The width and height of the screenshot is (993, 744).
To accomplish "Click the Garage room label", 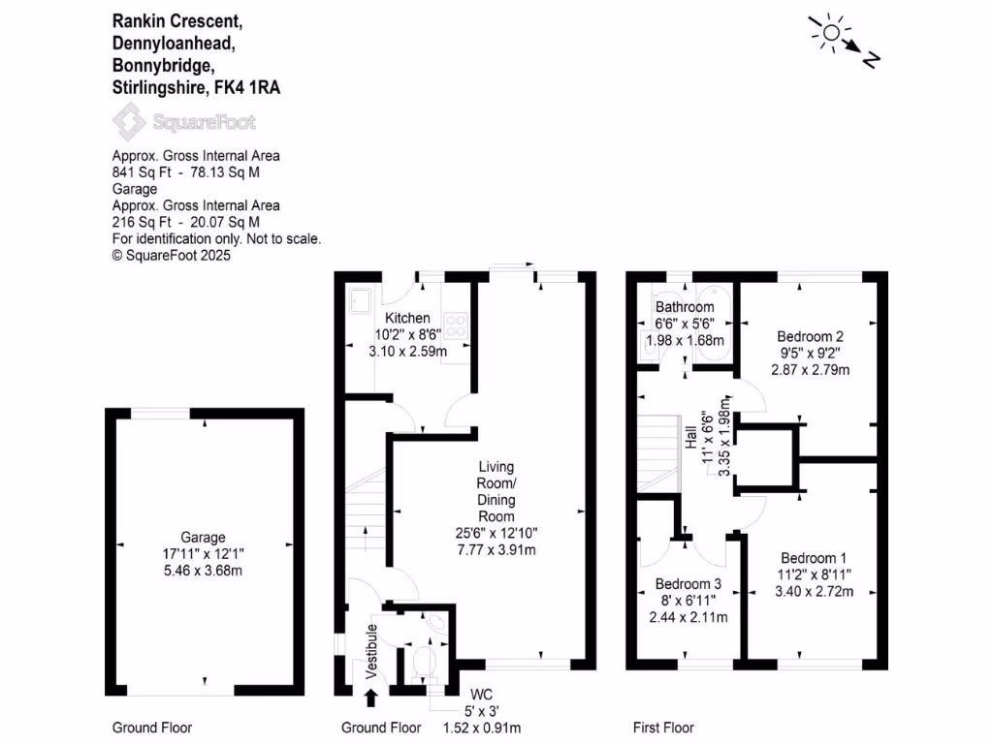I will [203, 538].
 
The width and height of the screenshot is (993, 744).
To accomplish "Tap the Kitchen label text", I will [407, 318].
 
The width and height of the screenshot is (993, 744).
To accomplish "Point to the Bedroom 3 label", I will [689, 584].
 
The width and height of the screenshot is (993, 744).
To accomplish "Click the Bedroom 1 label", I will [815, 558].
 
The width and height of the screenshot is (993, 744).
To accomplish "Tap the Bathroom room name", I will [685, 307].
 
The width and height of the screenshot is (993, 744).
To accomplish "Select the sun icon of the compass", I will [830, 35].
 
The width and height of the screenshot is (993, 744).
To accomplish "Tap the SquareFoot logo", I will [184, 122].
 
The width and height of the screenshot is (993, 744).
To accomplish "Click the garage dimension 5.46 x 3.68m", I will [203, 571].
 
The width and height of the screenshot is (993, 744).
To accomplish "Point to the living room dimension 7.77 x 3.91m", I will [496, 549].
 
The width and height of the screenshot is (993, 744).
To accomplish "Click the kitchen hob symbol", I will [456, 327].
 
